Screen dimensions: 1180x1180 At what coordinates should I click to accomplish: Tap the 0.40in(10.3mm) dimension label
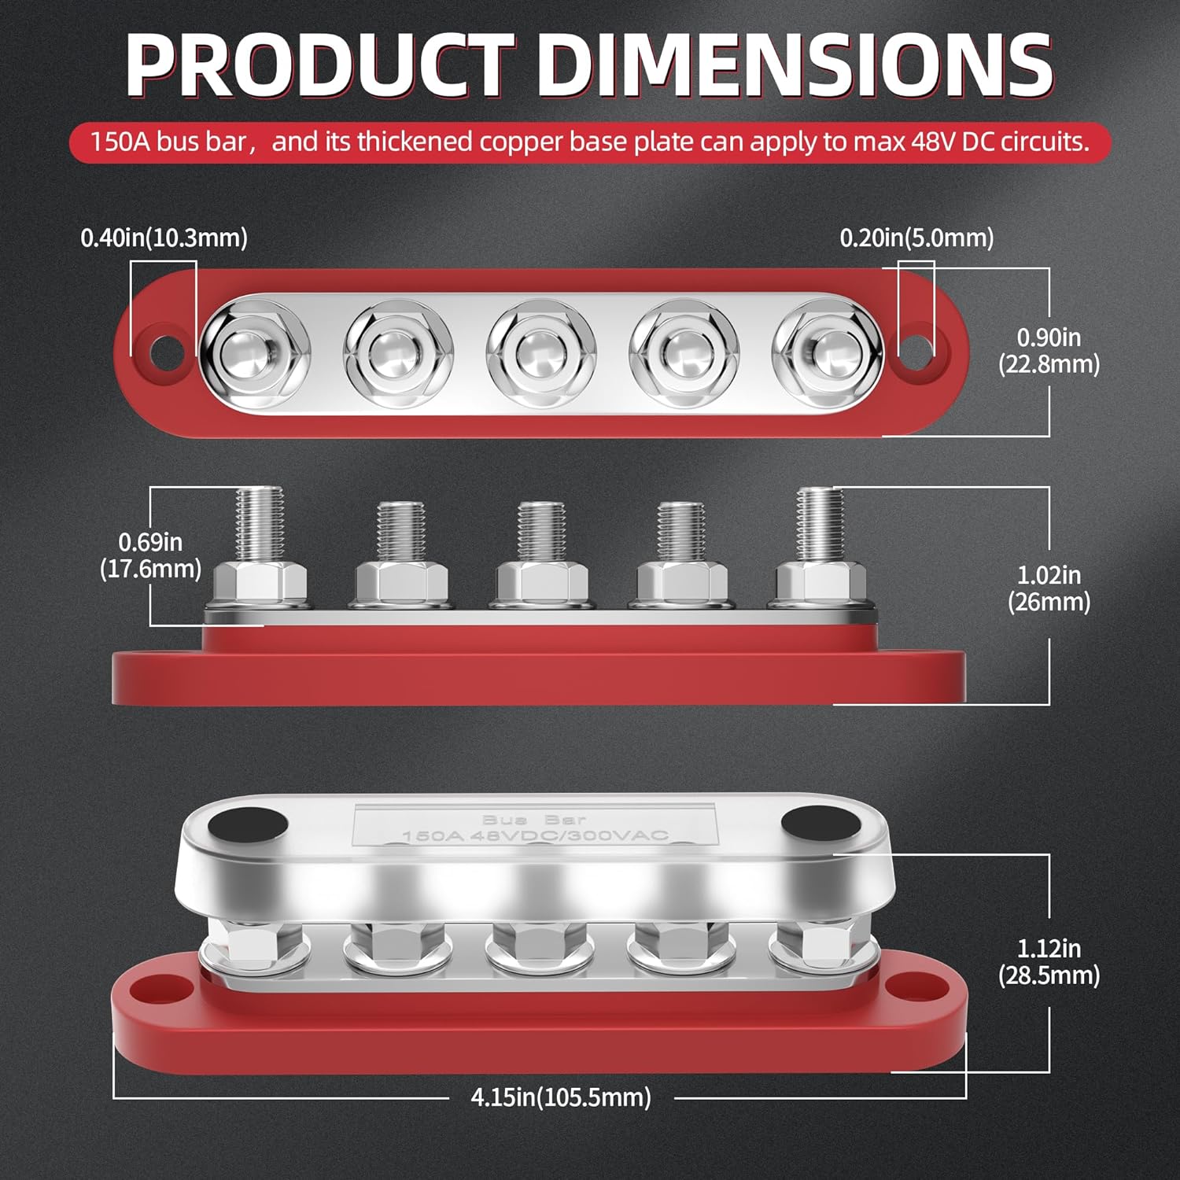click(164, 238)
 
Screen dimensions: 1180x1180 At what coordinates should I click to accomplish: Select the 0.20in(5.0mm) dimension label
click(917, 238)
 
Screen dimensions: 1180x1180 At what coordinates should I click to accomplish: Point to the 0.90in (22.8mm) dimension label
click(1049, 351)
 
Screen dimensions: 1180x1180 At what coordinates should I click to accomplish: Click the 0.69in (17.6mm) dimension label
click(150, 555)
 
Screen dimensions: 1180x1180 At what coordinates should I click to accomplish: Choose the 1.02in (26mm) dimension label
click(1049, 588)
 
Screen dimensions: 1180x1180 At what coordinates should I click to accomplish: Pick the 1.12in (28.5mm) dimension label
click(1049, 962)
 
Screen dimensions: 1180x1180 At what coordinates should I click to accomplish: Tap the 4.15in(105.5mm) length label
click(561, 1097)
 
